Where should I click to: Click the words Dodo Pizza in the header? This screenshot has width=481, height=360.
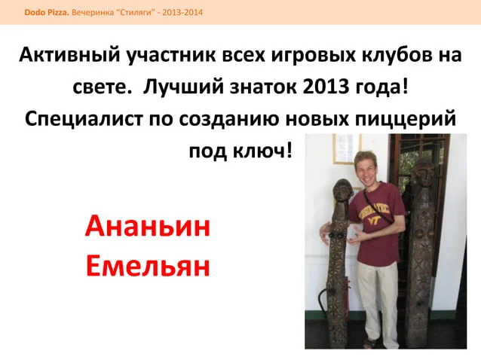coord(47,13)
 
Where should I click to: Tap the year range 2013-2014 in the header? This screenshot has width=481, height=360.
coord(182,13)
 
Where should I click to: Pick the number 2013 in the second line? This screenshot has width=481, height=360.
coord(326,87)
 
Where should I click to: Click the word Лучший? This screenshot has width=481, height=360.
coord(183,87)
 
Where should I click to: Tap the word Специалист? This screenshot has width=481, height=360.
coord(84,119)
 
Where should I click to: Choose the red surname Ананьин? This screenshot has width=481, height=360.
coord(148,226)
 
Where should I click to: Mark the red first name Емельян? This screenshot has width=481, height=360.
coord(148,266)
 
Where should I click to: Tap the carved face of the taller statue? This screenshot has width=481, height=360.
coord(424,174)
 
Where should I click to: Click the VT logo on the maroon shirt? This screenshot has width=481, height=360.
coord(375,219)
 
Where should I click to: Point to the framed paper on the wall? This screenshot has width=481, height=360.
coord(347,149)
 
